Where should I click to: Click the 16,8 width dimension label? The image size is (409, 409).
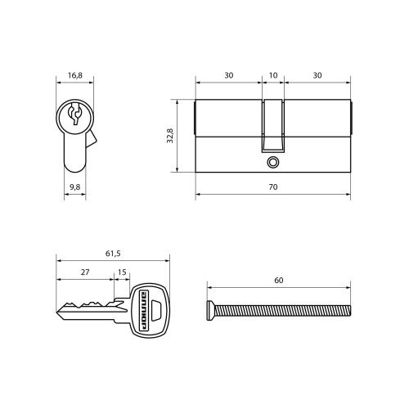(75, 75)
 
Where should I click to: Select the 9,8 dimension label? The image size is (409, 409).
(75, 187)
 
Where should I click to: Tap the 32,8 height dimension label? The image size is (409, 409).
(170, 136)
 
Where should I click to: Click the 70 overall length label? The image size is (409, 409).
(273, 187)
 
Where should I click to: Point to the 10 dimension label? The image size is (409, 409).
(273, 75)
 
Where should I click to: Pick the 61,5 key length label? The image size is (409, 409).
(113, 254)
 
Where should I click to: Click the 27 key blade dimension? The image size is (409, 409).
(85, 272)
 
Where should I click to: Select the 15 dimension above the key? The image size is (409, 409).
(122, 272)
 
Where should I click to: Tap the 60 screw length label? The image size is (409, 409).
(279, 281)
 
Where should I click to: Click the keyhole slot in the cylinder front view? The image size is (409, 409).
(74, 114)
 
